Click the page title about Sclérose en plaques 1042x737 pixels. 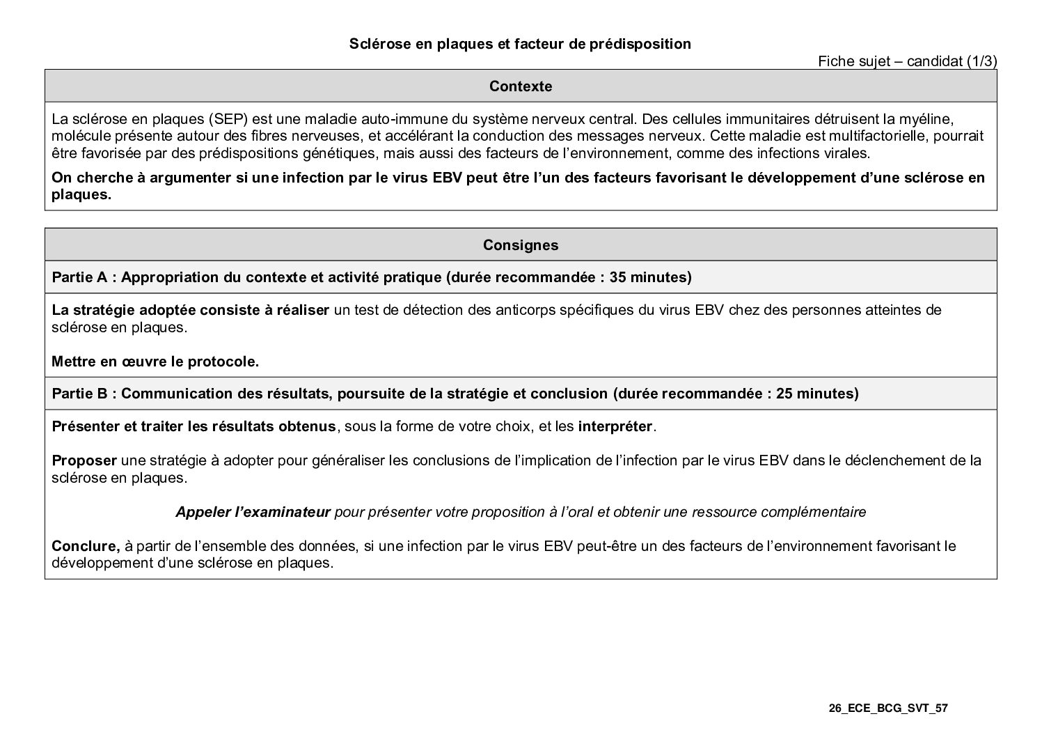520,44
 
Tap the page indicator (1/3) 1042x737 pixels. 982,61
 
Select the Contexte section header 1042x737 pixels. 521,86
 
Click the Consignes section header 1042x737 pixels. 521,245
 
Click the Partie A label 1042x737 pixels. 83,277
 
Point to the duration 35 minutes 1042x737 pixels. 648,277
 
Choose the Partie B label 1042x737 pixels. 83,394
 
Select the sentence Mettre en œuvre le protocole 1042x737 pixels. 155,362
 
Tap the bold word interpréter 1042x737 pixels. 615,426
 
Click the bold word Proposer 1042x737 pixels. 84,460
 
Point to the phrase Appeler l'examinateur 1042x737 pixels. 253,512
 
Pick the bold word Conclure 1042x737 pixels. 86,546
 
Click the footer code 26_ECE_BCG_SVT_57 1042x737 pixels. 888,708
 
